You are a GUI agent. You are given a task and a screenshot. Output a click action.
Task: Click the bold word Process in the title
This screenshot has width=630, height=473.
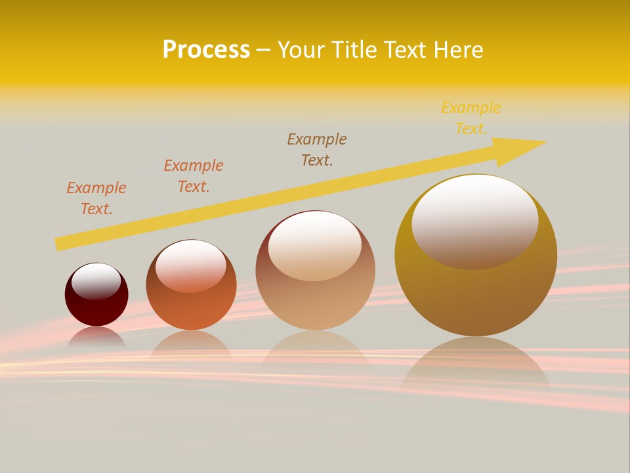click(x=206, y=50)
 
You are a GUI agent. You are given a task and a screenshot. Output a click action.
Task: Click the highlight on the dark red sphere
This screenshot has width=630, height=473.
click(x=96, y=281)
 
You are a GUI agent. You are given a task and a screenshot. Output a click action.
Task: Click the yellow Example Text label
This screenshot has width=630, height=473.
click(x=471, y=118)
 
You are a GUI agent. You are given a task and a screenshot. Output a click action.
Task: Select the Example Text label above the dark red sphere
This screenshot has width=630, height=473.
click(x=96, y=198)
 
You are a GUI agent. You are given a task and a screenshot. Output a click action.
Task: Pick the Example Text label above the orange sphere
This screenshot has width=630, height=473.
click(x=194, y=176)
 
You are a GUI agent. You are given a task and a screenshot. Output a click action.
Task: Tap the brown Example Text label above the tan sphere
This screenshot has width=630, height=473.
click(x=317, y=150)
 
